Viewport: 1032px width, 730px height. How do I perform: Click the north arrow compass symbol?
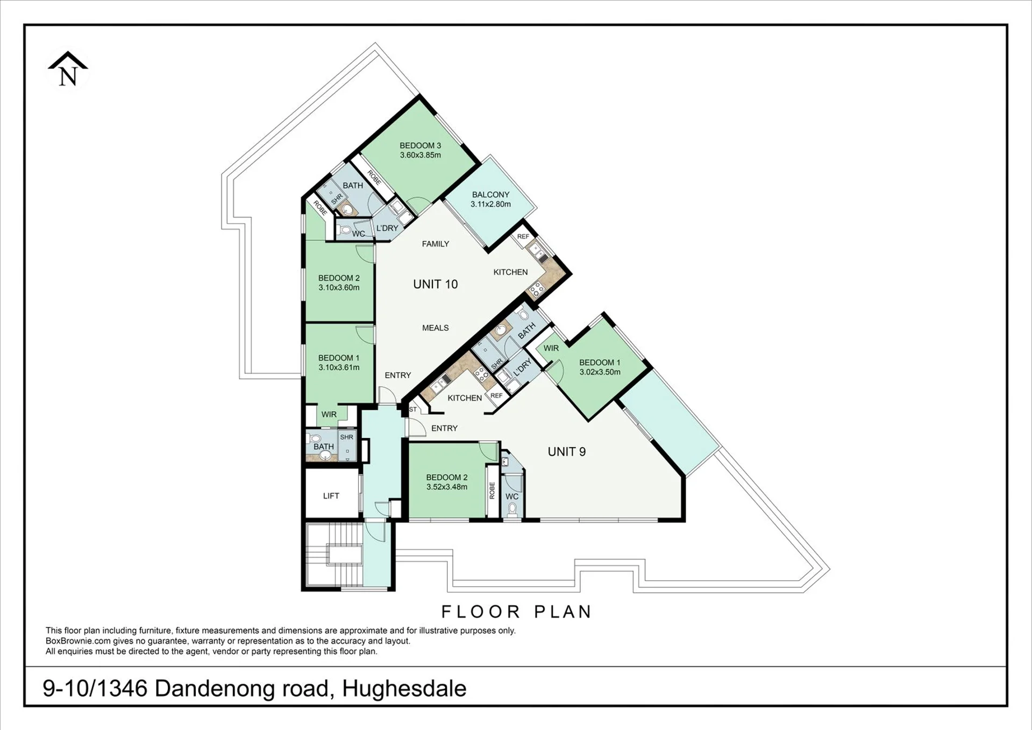(68, 69)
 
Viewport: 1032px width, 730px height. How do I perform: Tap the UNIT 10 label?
(435, 284)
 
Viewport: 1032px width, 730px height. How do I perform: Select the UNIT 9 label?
(566, 452)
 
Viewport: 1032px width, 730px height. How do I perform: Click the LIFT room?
(331, 495)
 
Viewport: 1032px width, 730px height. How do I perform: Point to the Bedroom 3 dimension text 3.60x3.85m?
(420, 155)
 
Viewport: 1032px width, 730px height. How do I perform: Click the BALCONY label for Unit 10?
(490, 195)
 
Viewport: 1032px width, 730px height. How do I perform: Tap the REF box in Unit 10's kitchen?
(523, 237)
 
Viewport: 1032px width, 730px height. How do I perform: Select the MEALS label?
(435, 328)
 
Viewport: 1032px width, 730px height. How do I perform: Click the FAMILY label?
(435, 244)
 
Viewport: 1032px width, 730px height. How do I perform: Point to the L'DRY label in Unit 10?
(387, 228)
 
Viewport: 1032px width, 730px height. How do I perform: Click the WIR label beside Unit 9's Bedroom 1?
(551, 348)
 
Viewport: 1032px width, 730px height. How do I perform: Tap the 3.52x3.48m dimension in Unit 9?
(446, 487)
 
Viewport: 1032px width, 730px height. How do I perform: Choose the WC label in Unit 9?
(512, 497)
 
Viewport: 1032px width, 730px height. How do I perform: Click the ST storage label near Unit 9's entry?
(413, 409)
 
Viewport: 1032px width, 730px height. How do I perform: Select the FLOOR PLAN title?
(516, 612)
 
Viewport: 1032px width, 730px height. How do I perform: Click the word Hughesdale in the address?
(404, 689)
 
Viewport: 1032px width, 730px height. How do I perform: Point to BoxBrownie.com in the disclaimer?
(78, 641)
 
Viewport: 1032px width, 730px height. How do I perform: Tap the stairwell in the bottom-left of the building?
(334, 555)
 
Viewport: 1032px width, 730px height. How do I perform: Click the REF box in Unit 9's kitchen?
(496, 395)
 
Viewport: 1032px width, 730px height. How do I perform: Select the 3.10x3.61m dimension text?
(339, 367)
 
